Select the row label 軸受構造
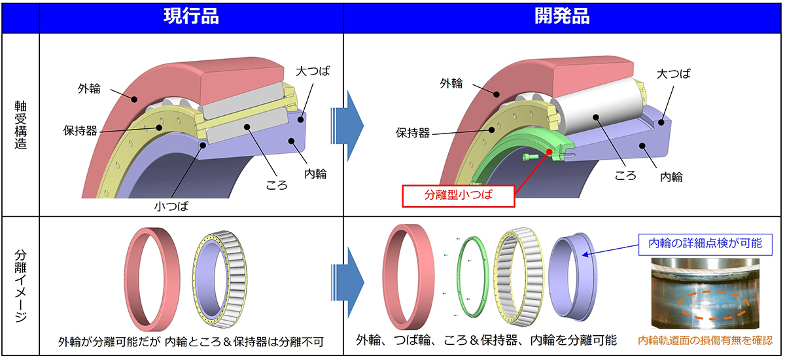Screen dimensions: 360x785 point(20,124)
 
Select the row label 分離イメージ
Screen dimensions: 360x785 point(20,286)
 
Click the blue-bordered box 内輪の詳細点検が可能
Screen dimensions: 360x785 point(706,243)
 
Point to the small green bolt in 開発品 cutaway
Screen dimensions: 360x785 point(531,158)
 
